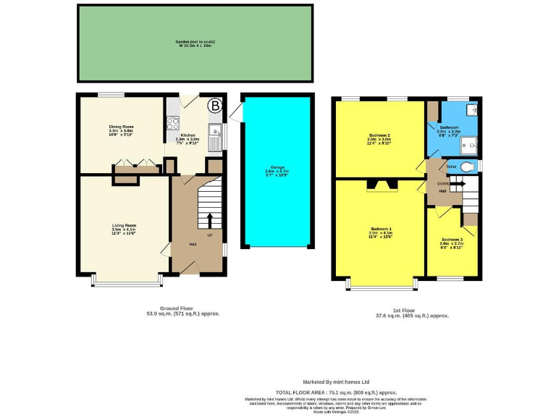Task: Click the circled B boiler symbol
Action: (215, 106)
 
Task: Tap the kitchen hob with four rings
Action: (173, 123)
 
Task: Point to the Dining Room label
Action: (121, 127)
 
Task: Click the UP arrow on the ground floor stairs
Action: (211, 219)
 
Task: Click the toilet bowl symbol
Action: (469, 167)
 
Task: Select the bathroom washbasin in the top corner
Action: (471, 109)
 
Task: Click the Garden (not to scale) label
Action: (195, 42)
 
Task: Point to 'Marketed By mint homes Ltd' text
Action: (336, 382)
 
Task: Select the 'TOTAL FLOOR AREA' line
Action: (336, 391)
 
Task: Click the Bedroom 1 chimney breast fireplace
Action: (381, 185)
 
